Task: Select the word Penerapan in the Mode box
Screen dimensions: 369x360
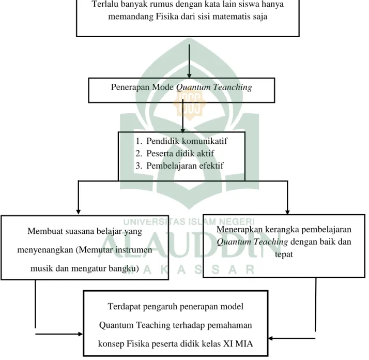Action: (130, 87)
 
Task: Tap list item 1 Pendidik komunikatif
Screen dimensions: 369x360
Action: (181, 141)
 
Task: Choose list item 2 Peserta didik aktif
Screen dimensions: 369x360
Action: (175, 154)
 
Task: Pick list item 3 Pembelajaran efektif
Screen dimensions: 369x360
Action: (179, 166)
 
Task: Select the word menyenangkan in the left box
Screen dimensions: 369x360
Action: (45, 250)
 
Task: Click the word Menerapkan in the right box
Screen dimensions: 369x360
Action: (239, 230)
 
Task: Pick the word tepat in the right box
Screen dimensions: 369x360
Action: (284, 254)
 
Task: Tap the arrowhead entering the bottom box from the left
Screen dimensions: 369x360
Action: (81, 334)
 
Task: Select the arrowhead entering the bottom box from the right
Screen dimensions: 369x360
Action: (271, 338)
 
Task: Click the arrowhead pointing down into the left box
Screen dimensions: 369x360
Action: (79, 212)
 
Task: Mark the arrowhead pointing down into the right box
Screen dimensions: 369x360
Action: (287, 212)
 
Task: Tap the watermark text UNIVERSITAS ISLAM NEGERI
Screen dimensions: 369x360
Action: (189, 222)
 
